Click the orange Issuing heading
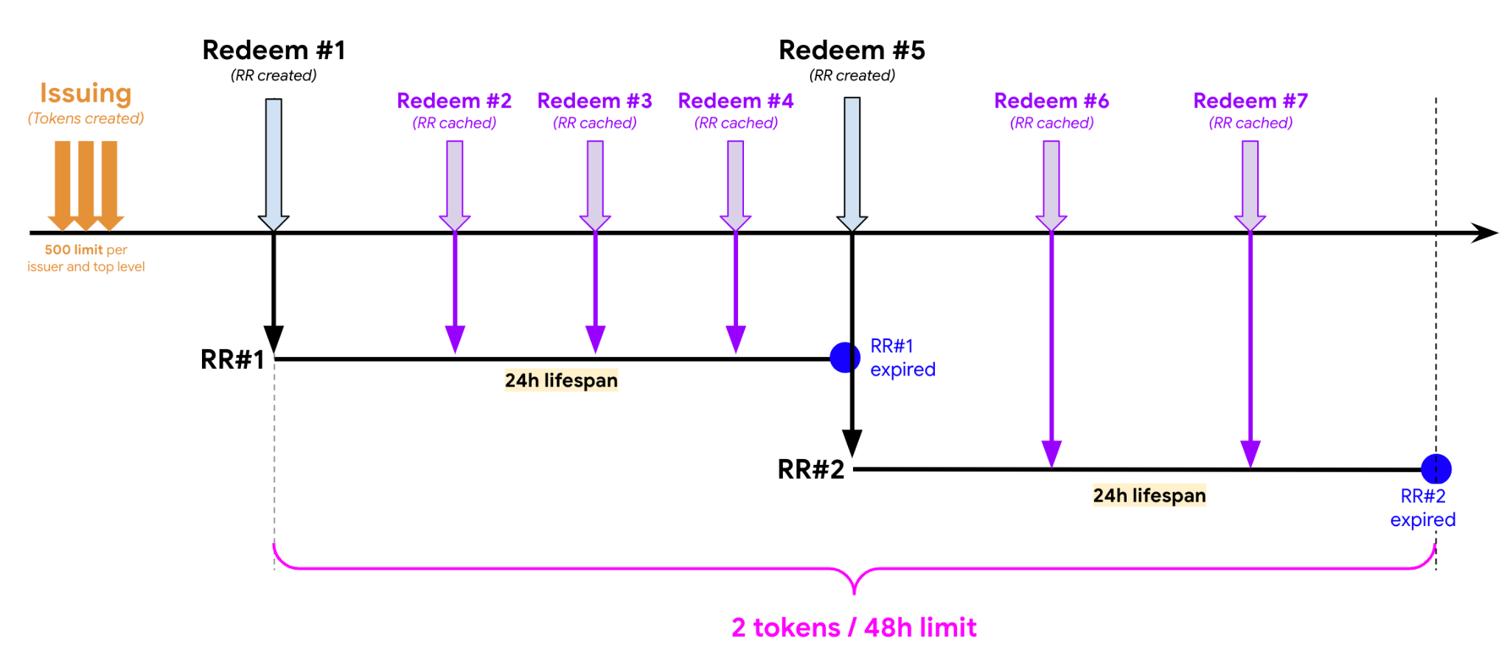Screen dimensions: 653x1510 [x=86, y=94]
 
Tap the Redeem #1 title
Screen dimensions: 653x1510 [x=274, y=50]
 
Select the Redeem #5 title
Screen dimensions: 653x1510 [x=852, y=50]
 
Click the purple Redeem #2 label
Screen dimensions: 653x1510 [x=454, y=101]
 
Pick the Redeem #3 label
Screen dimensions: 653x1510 [x=594, y=101]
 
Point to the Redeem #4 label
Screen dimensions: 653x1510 [x=735, y=101]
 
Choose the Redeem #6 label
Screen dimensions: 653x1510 [x=1051, y=101]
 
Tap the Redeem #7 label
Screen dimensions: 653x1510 [x=1250, y=101]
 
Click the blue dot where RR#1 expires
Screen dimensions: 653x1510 [x=845, y=358]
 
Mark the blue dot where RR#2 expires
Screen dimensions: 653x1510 [x=1436, y=469]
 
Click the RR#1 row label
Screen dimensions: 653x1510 [x=232, y=359]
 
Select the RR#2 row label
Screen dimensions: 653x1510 [x=810, y=469]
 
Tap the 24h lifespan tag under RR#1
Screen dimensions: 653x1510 [x=561, y=381]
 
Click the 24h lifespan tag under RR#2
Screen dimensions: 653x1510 [x=1149, y=495]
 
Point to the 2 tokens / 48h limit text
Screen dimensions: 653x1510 [x=854, y=628]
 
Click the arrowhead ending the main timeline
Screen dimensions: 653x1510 [x=1485, y=233]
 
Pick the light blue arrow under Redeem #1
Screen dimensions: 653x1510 [x=274, y=162]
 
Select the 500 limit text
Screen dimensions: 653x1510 [x=86, y=250]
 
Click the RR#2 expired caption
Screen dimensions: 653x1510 [x=1423, y=508]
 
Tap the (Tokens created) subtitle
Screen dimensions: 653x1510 [x=86, y=119]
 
